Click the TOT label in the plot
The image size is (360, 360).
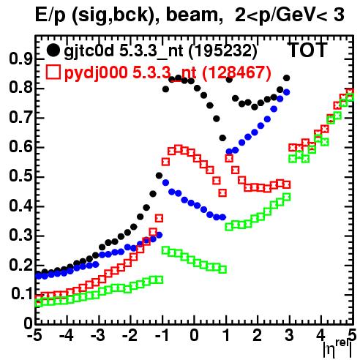pos(307,50)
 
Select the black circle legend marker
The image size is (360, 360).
pos(53,50)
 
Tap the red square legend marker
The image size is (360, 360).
pos(53,72)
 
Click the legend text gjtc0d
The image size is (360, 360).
pos(89,51)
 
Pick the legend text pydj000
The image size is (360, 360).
pos(96,72)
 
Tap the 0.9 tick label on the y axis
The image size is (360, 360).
pos(20,59)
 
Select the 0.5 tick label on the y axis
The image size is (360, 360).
pos(20,176)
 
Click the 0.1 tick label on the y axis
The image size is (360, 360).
pos(21,294)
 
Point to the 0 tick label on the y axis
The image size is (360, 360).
pos(28,323)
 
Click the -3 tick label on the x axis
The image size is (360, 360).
pos(98,335)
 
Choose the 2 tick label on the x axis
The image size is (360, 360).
pos(258,335)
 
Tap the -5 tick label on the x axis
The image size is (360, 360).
pos(34,335)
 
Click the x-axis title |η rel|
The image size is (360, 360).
pos(337,349)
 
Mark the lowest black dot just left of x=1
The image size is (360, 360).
pos(222,138)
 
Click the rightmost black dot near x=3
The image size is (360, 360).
pos(286,78)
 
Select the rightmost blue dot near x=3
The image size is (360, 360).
pos(286,92)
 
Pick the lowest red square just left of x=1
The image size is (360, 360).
pos(222,193)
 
